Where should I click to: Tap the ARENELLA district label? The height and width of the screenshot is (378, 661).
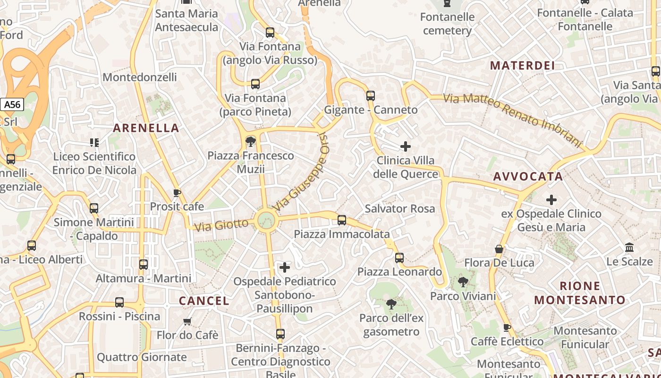(x=146, y=128)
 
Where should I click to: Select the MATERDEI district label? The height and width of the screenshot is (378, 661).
(x=522, y=66)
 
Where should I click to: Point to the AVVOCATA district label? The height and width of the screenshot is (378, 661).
(x=528, y=177)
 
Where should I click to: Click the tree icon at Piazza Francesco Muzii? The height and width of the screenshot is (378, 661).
(x=251, y=141)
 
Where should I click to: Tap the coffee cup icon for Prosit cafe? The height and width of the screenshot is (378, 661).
(x=177, y=193)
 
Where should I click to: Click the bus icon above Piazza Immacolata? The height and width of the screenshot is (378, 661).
(x=342, y=220)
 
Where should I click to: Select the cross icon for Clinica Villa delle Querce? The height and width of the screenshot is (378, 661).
(x=405, y=146)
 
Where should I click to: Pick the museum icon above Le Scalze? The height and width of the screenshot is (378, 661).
(x=629, y=247)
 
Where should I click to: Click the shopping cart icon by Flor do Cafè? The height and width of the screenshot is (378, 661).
(x=187, y=321)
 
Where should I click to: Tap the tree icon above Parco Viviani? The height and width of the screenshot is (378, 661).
(x=463, y=282)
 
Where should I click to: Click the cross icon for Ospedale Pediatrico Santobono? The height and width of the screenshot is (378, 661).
(x=285, y=267)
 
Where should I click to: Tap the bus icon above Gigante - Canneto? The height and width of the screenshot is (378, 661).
(x=371, y=96)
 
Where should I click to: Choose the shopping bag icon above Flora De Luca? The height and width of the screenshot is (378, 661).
(x=499, y=249)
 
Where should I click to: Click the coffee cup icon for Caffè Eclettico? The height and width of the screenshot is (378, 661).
(x=507, y=327)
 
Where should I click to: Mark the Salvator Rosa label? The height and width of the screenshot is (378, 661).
(x=400, y=208)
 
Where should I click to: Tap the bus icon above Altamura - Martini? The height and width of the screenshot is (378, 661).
(x=144, y=265)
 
